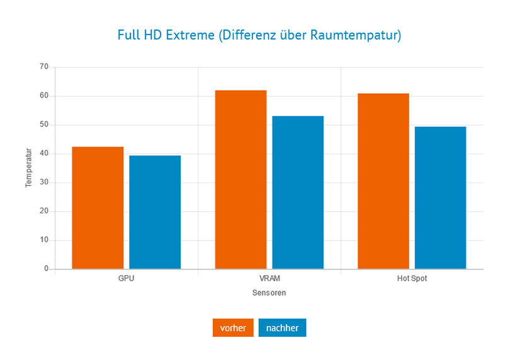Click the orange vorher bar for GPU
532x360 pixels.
click(98, 208)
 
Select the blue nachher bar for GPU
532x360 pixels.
click(155, 212)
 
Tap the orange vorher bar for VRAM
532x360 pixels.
click(241, 179)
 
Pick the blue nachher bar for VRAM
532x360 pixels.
click(298, 193)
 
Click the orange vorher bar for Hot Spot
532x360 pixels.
click(383, 181)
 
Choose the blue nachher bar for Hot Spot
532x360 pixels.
click(441, 198)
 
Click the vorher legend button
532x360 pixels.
click(233, 328)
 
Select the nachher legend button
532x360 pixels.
click(282, 328)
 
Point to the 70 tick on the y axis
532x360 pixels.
click(43, 67)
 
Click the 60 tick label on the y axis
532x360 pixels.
click(43, 96)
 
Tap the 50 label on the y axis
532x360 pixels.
click(43, 125)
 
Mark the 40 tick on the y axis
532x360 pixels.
click(43, 154)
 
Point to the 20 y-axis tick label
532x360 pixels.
click(43, 211)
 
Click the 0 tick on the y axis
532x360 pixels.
click(46, 269)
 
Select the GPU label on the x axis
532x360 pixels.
click(127, 278)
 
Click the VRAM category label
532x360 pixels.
click(269, 278)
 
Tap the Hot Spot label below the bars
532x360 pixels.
click(412, 278)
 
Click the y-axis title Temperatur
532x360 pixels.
click(28, 168)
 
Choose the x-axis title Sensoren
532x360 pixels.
click(269, 293)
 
